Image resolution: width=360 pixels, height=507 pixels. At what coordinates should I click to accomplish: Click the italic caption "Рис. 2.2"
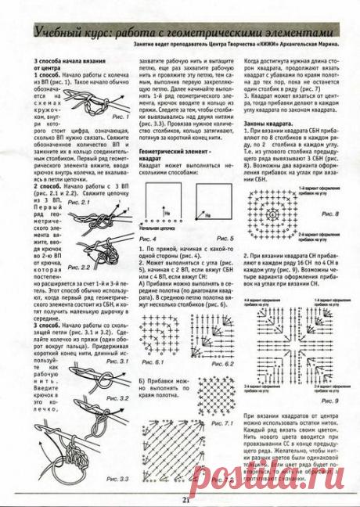click(79, 267)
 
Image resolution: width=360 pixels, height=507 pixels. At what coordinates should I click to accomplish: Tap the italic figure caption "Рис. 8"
click(330, 213)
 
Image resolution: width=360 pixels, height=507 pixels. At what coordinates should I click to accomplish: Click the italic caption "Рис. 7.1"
click(224, 423)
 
